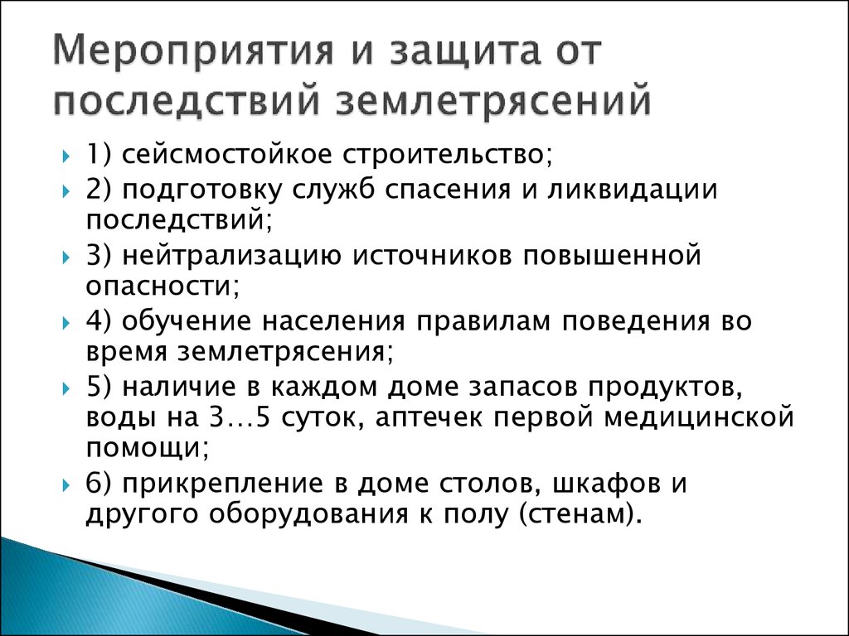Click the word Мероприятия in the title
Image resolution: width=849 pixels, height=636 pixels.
(x=192, y=53)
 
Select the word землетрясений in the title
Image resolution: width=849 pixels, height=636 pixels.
(x=493, y=101)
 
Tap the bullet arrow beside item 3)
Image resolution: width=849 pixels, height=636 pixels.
(x=66, y=257)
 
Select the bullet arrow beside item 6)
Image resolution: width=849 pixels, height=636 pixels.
(x=66, y=484)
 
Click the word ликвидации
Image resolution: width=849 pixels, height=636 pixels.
(x=632, y=190)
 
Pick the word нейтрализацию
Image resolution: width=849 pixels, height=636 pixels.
(x=231, y=256)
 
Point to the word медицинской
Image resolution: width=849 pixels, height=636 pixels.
(x=698, y=418)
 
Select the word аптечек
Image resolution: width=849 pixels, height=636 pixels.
(x=428, y=418)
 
